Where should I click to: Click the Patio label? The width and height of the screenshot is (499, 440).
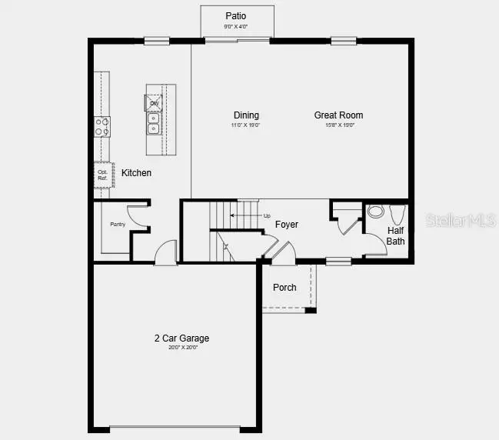[x=236, y=16]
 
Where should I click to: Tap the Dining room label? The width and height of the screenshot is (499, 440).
[x=246, y=115]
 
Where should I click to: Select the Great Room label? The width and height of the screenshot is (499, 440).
[x=338, y=115]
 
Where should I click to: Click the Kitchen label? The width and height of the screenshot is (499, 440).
[x=137, y=173]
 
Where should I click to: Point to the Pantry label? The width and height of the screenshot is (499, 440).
[x=118, y=224]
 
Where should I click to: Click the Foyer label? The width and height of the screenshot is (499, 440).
[x=287, y=225]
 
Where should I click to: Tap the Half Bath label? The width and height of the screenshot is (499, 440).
[x=395, y=235]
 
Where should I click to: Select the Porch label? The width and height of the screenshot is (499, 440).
[x=284, y=288]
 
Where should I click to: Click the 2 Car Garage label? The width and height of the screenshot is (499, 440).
[x=181, y=338]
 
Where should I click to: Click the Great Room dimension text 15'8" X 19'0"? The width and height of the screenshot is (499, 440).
[x=338, y=125]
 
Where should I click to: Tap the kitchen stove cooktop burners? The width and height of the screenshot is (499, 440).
[x=102, y=127]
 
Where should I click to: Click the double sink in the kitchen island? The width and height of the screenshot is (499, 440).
[x=153, y=123]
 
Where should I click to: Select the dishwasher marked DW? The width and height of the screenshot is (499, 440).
[x=154, y=103]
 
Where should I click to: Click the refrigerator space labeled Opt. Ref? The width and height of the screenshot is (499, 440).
[x=102, y=175]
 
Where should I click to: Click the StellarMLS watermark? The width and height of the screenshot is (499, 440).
[x=461, y=221]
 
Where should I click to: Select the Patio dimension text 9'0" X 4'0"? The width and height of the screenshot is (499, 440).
[x=237, y=27]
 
